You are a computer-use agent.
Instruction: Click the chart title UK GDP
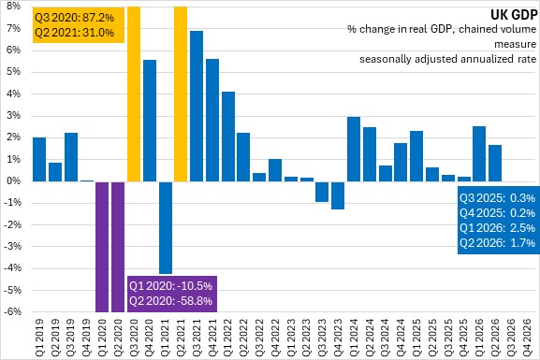[514, 15]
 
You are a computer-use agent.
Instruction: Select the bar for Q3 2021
[197, 106]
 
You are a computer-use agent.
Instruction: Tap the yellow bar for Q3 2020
[134, 94]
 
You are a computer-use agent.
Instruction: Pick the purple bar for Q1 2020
[102, 247]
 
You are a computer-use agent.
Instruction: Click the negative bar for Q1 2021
[166, 227]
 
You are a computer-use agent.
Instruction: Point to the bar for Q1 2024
[354, 149]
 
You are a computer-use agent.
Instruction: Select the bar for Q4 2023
[338, 195]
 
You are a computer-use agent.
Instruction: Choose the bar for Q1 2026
[479, 154]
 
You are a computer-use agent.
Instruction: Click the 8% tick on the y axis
[13, 7]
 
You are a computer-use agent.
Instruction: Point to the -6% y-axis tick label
[12, 311]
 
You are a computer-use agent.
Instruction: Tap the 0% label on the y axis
[13, 181]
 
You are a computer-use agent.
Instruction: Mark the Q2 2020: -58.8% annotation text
[171, 301]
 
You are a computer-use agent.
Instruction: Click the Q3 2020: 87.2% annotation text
[74, 18]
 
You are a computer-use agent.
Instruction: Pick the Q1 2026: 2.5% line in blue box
[497, 228]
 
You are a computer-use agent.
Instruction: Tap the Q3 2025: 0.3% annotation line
[497, 198]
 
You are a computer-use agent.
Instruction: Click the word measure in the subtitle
[516, 44]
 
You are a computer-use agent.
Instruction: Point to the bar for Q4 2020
[150, 121]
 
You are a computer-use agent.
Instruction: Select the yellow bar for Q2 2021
[181, 94]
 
